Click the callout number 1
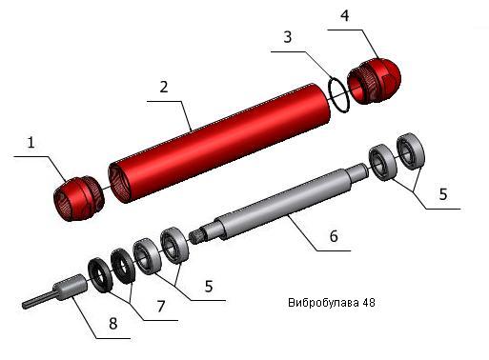[x=31, y=143]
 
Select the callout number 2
[x=164, y=87]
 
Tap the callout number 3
[x=288, y=37]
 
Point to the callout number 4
[x=345, y=16]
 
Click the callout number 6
[x=334, y=236]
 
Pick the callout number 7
[x=161, y=307]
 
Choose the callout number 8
[x=113, y=324]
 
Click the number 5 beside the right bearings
[x=443, y=194]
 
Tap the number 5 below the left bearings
[x=209, y=287]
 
